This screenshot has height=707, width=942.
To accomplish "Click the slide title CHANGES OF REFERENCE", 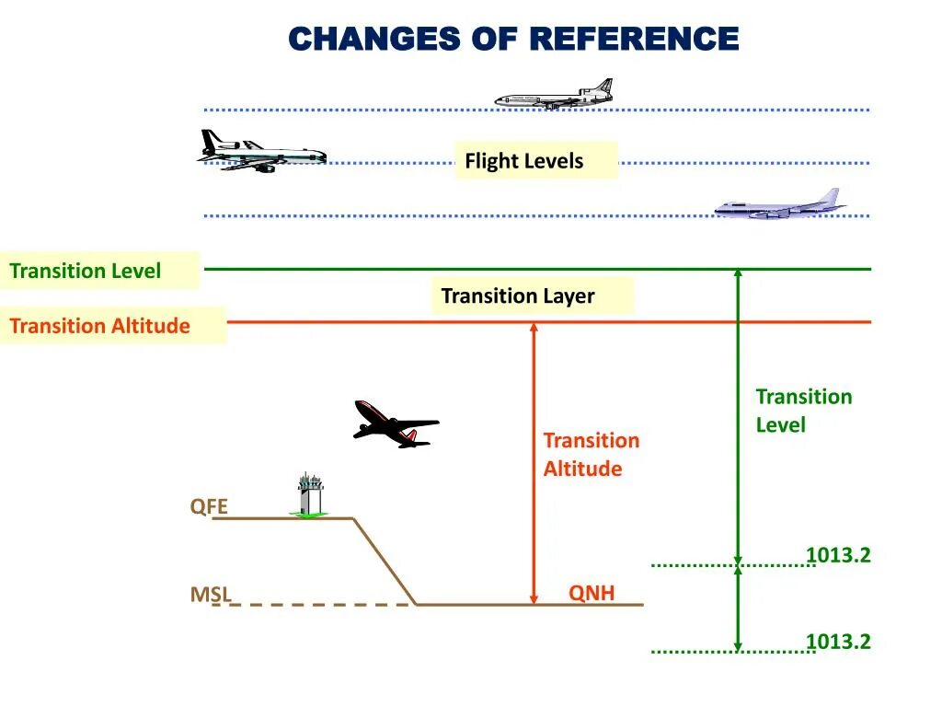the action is [513, 39].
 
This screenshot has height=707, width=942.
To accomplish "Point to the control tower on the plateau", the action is [310, 494].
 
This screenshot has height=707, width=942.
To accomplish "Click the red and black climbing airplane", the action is [395, 424].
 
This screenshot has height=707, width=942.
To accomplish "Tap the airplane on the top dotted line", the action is [555, 94].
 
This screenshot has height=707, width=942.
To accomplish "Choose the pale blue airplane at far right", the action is [780, 205].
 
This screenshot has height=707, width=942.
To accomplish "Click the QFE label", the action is [209, 506].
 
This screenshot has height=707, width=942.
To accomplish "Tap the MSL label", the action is [211, 595].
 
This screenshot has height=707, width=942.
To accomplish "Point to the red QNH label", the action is [591, 593].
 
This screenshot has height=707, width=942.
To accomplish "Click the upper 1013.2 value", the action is [838, 555].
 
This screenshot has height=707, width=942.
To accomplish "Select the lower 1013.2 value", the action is [838, 642].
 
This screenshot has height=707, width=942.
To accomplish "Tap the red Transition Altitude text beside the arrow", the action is [591, 455].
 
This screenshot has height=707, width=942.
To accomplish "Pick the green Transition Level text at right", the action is [803, 411].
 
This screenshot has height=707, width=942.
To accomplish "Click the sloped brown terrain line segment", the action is [385, 562].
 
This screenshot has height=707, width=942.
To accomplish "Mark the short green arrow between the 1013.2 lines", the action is [738, 608].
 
